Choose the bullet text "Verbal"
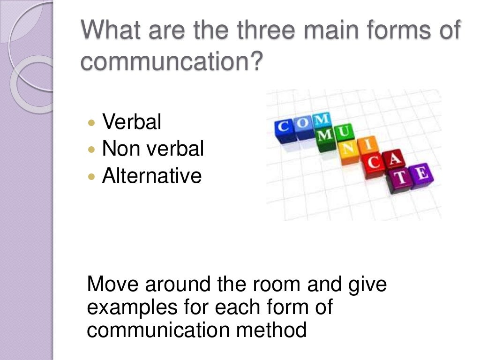click(x=131, y=122)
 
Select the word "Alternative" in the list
click(x=151, y=176)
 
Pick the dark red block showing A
click(x=395, y=161)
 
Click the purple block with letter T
click(x=400, y=180)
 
